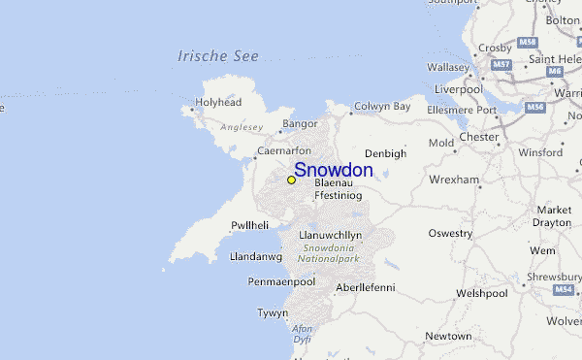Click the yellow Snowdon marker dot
pos(291,180)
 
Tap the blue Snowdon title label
pos(333,170)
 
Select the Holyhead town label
pos(217,101)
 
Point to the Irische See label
pos(218,56)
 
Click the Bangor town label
pos(299,124)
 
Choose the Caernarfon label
pos(283,151)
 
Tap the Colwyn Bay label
pos(382,107)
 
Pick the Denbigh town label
pos(385,153)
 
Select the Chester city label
pos(478,138)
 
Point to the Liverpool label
pos(459,89)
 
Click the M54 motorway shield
pos(564,289)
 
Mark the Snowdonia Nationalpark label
pos(330,254)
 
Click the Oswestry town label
pos(451,233)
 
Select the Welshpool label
pos(482,292)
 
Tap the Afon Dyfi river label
pos(303,334)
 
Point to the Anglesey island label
pos(242,126)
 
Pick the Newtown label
pos(448,336)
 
